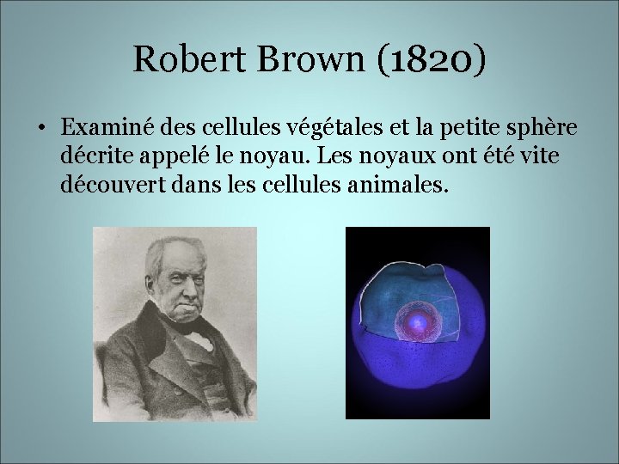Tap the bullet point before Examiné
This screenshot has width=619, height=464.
click(40, 130)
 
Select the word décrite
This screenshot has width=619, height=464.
click(93, 156)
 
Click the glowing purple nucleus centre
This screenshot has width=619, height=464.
click(417, 323)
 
